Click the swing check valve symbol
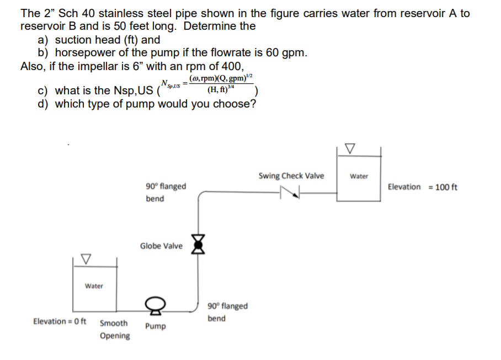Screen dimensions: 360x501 pyautogui.click(x=289, y=192)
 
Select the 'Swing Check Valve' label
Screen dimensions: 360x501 pyautogui.click(x=291, y=176)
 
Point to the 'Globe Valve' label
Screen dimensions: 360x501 pyautogui.click(x=161, y=246)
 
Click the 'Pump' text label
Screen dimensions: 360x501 pyautogui.click(x=155, y=326)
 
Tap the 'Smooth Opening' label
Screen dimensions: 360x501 pyautogui.click(x=115, y=329)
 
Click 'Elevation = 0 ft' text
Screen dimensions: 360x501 pyautogui.click(x=60, y=321)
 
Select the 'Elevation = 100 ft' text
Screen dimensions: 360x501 pyautogui.click(x=422, y=187)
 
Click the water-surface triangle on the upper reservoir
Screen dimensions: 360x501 pyautogui.click(x=349, y=148)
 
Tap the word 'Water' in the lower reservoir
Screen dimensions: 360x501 pyautogui.click(x=94, y=286)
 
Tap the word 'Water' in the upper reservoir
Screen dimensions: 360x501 pyautogui.click(x=359, y=176)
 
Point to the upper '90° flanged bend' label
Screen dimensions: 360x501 pyautogui.click(x=166, y=192)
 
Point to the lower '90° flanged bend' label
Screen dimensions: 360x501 pyautogui.click(x=227, y=312)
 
